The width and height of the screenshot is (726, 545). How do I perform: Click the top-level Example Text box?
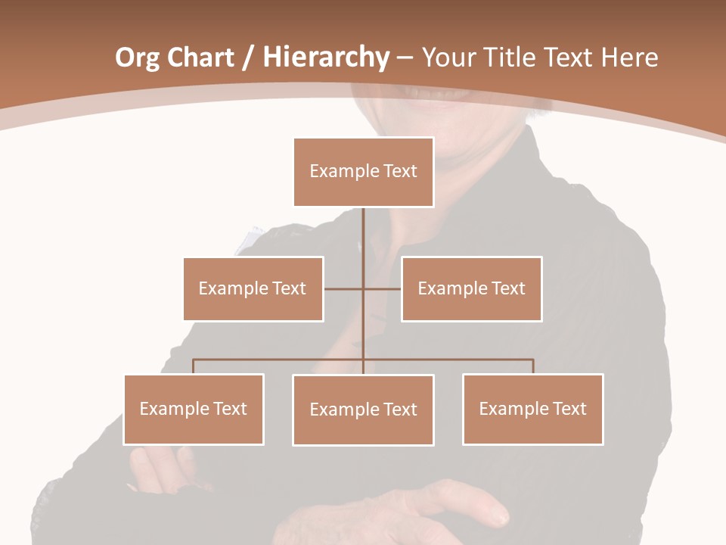[x=363, y=172]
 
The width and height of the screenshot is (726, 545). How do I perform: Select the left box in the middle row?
[x=253, y=288]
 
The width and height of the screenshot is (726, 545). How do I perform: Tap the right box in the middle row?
[x=471, y=288]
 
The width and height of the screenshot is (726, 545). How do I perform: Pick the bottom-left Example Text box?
[x=193, y=410]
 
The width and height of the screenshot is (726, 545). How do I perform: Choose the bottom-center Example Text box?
[x=363, y=410]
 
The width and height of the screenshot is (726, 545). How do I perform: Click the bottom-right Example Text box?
[x=532, y=410]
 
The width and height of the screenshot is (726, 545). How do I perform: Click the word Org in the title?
[x=137, y=58]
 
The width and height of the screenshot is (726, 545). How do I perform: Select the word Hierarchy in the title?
[x=326, y=58]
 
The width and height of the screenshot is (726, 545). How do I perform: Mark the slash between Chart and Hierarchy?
[x=248, y=58]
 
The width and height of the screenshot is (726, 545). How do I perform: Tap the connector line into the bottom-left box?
[x=193, y=367]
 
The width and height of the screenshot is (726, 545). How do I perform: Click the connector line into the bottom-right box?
[x=533, y=367]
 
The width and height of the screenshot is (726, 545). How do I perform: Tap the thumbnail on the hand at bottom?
[x=499, y=519]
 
